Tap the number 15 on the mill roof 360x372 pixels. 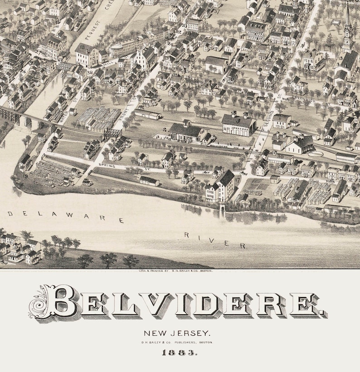83,46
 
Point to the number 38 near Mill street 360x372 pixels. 89,71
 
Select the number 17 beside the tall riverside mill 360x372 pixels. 238,179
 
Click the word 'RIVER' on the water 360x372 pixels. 215,240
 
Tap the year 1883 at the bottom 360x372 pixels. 180,352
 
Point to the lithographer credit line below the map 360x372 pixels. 180,271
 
